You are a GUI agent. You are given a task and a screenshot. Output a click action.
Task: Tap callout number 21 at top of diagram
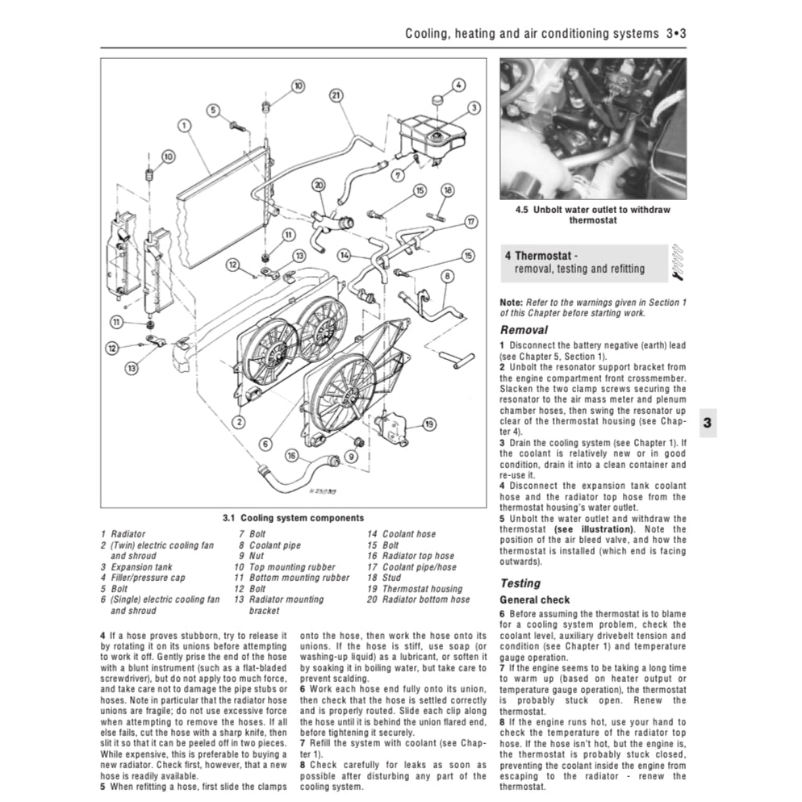tap(337, 94)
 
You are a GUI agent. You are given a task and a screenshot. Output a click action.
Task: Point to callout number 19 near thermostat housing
tap(429, 424)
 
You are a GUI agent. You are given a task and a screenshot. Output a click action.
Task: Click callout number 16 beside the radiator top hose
tap(290, 455)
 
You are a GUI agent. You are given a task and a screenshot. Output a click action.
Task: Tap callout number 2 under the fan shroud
tap(239, 421)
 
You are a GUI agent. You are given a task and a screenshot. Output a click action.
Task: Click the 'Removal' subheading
tap(524, 329)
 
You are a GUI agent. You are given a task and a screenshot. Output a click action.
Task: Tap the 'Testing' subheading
tap(520, 583)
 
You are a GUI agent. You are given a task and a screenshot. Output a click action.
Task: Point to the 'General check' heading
tap(534, 600)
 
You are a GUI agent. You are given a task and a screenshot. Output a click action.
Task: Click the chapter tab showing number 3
tap(707, 422)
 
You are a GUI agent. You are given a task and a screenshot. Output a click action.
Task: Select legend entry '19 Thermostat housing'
tap(414, 589)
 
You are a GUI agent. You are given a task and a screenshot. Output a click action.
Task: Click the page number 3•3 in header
tap(675, 35)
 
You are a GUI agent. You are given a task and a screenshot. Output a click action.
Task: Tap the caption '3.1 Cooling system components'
tap(292, 518)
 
